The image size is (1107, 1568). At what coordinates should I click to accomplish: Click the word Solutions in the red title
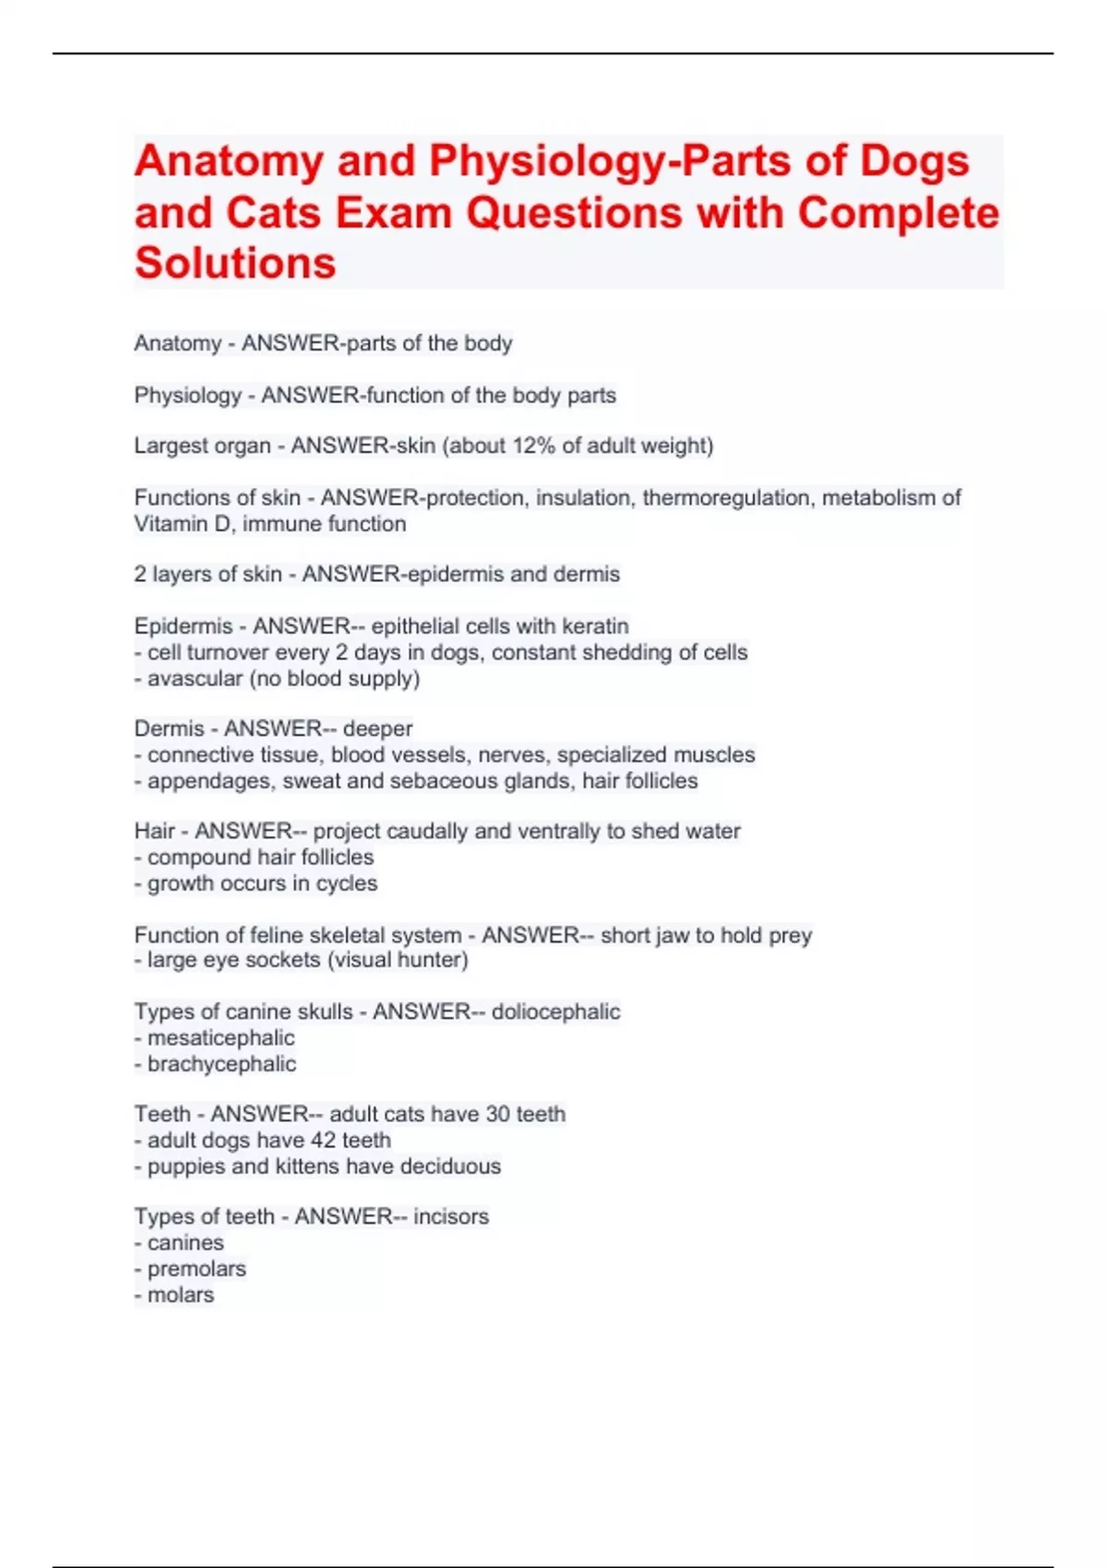click(x=235, y=263)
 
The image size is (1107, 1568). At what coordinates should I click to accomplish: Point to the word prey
click(x=791, y=935)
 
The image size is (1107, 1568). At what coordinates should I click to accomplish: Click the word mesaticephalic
click(x=221, y=1038)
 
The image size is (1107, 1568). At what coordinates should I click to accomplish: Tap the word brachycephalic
click(x=222, y=1063)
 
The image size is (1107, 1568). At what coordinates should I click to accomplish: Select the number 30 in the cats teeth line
click(x=498, y=1114)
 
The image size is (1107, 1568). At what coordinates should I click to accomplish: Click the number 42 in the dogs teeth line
click(x=323, y=1140)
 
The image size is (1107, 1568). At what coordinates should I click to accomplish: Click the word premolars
click(x=197, y=1269)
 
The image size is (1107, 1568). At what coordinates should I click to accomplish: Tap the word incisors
click(x=451, y=1217)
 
